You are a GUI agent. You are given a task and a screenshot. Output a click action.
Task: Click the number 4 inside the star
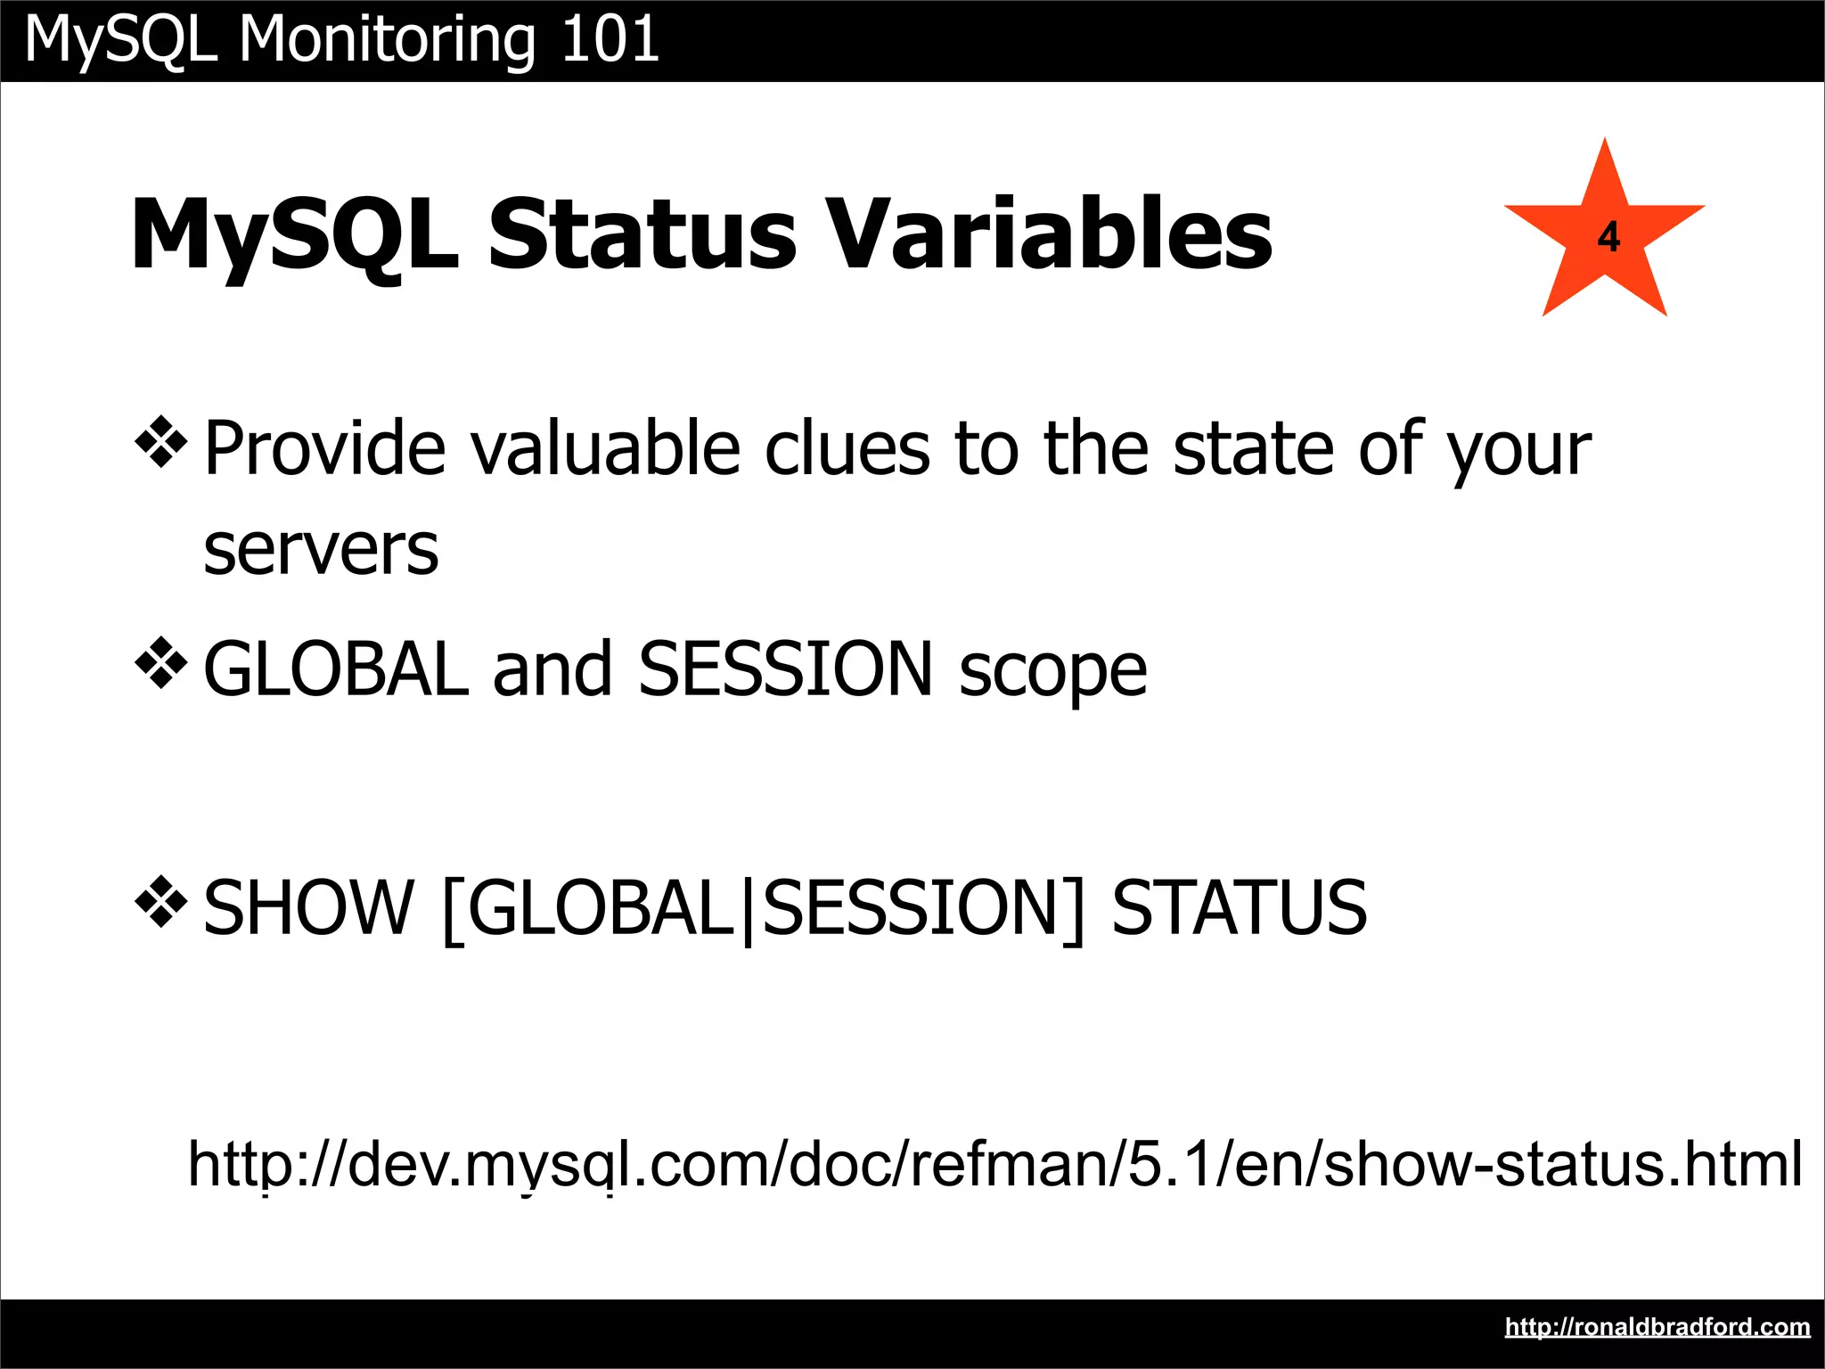click(1608, 238)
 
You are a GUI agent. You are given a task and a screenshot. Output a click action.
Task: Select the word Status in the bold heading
click(642, 234)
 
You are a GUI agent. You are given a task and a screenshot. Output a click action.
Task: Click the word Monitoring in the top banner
click(387, 40)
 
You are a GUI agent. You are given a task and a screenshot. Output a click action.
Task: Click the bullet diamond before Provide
click(161, 441)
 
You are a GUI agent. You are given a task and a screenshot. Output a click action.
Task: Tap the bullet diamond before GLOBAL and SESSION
click(161, 662)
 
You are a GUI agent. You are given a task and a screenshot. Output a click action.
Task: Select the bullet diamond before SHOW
click(161, 902)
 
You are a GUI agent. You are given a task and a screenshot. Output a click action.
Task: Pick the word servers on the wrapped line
click(321, 550)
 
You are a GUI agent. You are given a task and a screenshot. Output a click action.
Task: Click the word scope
click(1052, 670)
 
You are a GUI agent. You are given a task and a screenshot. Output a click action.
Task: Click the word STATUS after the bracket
click(1239, 908)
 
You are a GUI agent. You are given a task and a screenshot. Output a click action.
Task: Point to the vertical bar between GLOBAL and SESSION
click(747, 910)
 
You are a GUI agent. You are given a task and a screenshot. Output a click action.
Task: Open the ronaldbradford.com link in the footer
click(1657, 1327)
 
